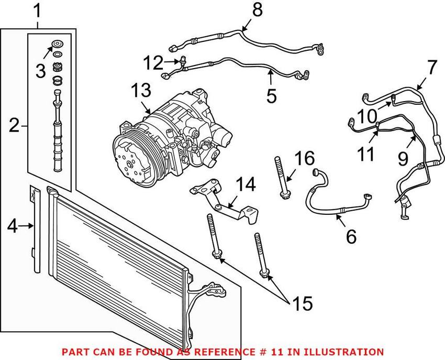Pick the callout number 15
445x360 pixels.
303,302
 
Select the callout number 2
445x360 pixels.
15,125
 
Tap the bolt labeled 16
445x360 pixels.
281,178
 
